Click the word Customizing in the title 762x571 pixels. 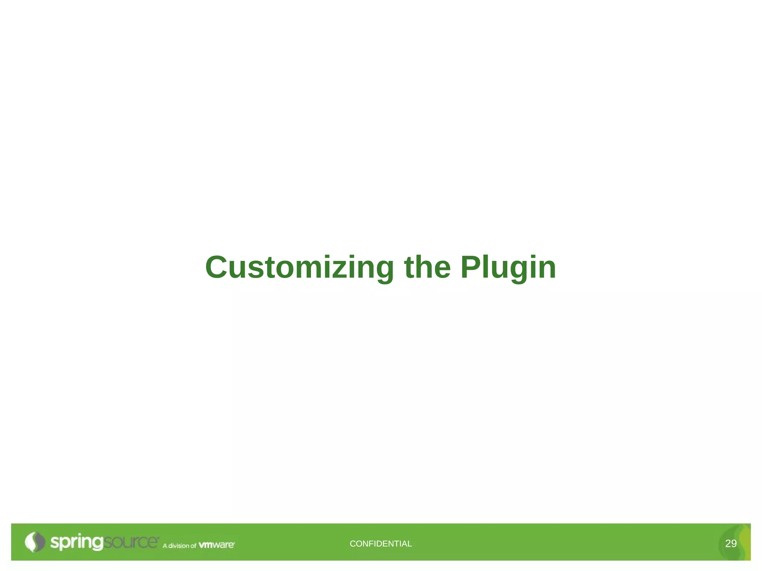(300, 268)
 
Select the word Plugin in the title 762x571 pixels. (508, 268)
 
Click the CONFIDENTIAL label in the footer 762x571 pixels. (381, 543)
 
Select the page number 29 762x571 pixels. (731, 543)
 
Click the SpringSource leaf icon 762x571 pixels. (34, 542)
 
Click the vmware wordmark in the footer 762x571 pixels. (217, 545)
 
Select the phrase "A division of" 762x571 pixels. (179, 546)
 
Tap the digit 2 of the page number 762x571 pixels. (728, 543)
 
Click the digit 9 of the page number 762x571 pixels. (734, 543)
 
